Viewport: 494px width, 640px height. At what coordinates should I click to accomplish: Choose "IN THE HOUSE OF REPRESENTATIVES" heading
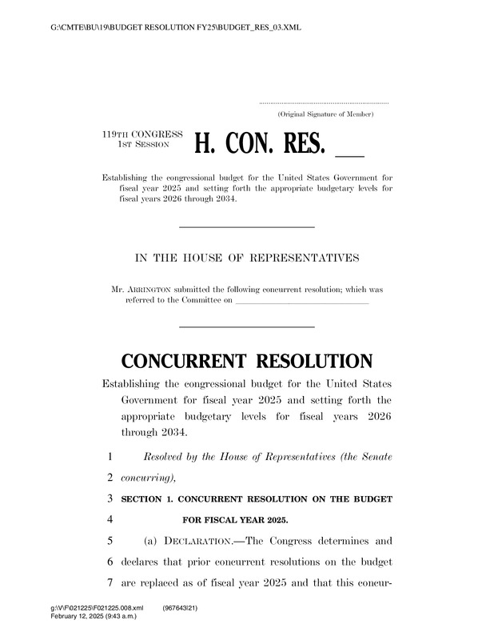click(x=246, y=258)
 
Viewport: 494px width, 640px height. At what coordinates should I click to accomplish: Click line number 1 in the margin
click(x=108, y=457)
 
